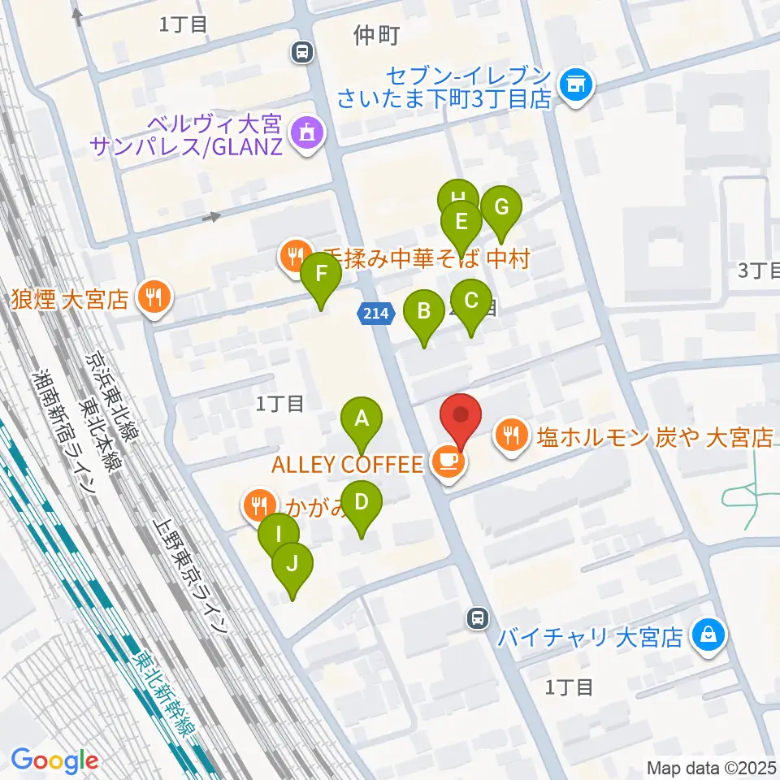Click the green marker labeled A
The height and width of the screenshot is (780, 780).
point(362,420)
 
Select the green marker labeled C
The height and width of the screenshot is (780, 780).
point(471,301)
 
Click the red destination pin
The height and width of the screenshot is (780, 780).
point(461,417)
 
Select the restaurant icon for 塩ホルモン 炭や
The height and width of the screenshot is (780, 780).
point(511,437)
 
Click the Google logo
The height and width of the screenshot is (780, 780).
point(54,761)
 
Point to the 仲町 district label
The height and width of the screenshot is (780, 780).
point(378,34)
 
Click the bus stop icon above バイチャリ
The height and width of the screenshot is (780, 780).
point(479,620)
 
